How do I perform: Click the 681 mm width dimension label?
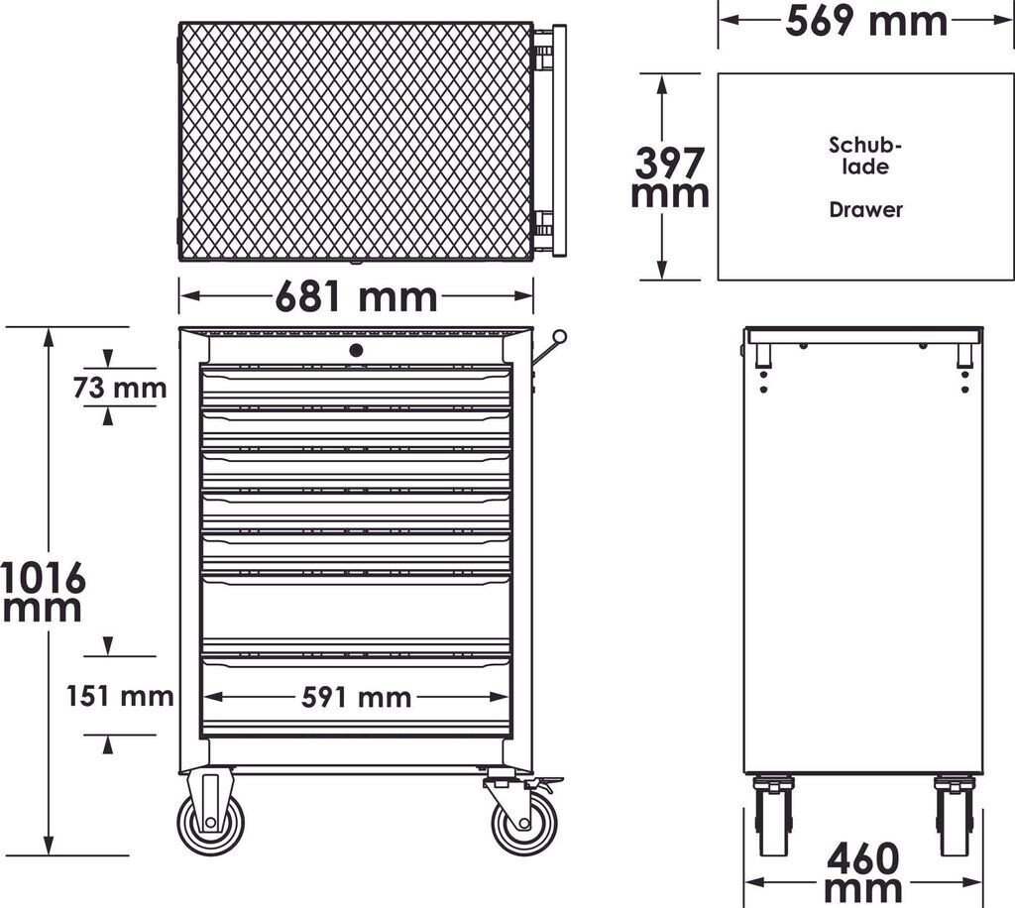[356, 295]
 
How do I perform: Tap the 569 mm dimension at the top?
[866, 20]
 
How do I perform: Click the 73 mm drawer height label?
[120, 388]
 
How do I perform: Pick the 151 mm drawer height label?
[120, 696]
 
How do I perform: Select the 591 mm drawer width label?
[356, 698]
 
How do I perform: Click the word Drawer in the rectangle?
[865, 210]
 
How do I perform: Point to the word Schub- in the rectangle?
[865, 145]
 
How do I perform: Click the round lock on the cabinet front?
[356, 349]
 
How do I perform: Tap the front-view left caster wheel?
[211, 822]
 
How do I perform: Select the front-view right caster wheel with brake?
[524, 822]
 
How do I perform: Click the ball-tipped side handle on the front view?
[559, 338]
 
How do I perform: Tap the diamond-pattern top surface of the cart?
[356, 141]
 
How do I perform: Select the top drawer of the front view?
[356, 386]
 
